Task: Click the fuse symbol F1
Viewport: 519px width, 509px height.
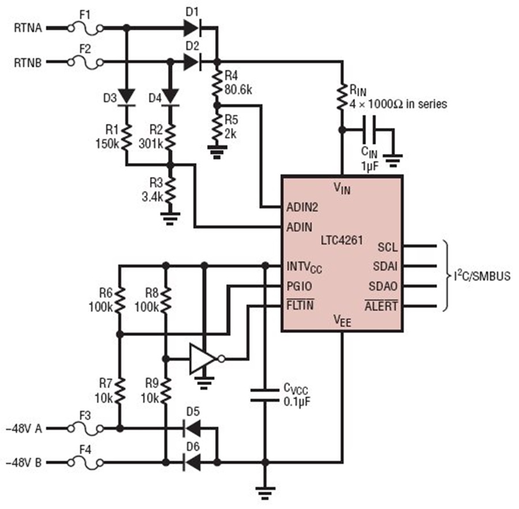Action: [x=85, y=29]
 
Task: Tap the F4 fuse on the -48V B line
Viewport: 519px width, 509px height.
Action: [x=85, y=463]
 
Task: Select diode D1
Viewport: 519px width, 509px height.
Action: [x=193, y=28]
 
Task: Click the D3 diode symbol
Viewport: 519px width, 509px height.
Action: [x=126, y=97]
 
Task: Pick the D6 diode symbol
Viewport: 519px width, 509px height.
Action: [x=193, y=462]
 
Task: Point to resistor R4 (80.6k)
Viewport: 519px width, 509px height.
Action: [x=217, y=84]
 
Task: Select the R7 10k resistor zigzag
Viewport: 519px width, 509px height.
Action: [x=120, y=391]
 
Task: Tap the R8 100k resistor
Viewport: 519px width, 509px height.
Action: [x=166, y=300]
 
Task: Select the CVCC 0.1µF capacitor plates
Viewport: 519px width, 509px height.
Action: [x=265, y=395]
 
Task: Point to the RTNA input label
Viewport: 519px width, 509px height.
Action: [x=28, y=28]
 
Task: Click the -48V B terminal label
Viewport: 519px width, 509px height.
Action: [x=24, y=462]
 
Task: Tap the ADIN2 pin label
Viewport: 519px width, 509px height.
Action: [x=302, y=208]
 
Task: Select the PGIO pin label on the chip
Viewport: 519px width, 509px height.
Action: [x=299, y=286]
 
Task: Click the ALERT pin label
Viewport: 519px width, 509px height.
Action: [x=381, y=306]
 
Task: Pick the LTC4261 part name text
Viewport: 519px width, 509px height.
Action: [x=342, y=240]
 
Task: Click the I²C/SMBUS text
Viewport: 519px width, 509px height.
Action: [x=482, y=276]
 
